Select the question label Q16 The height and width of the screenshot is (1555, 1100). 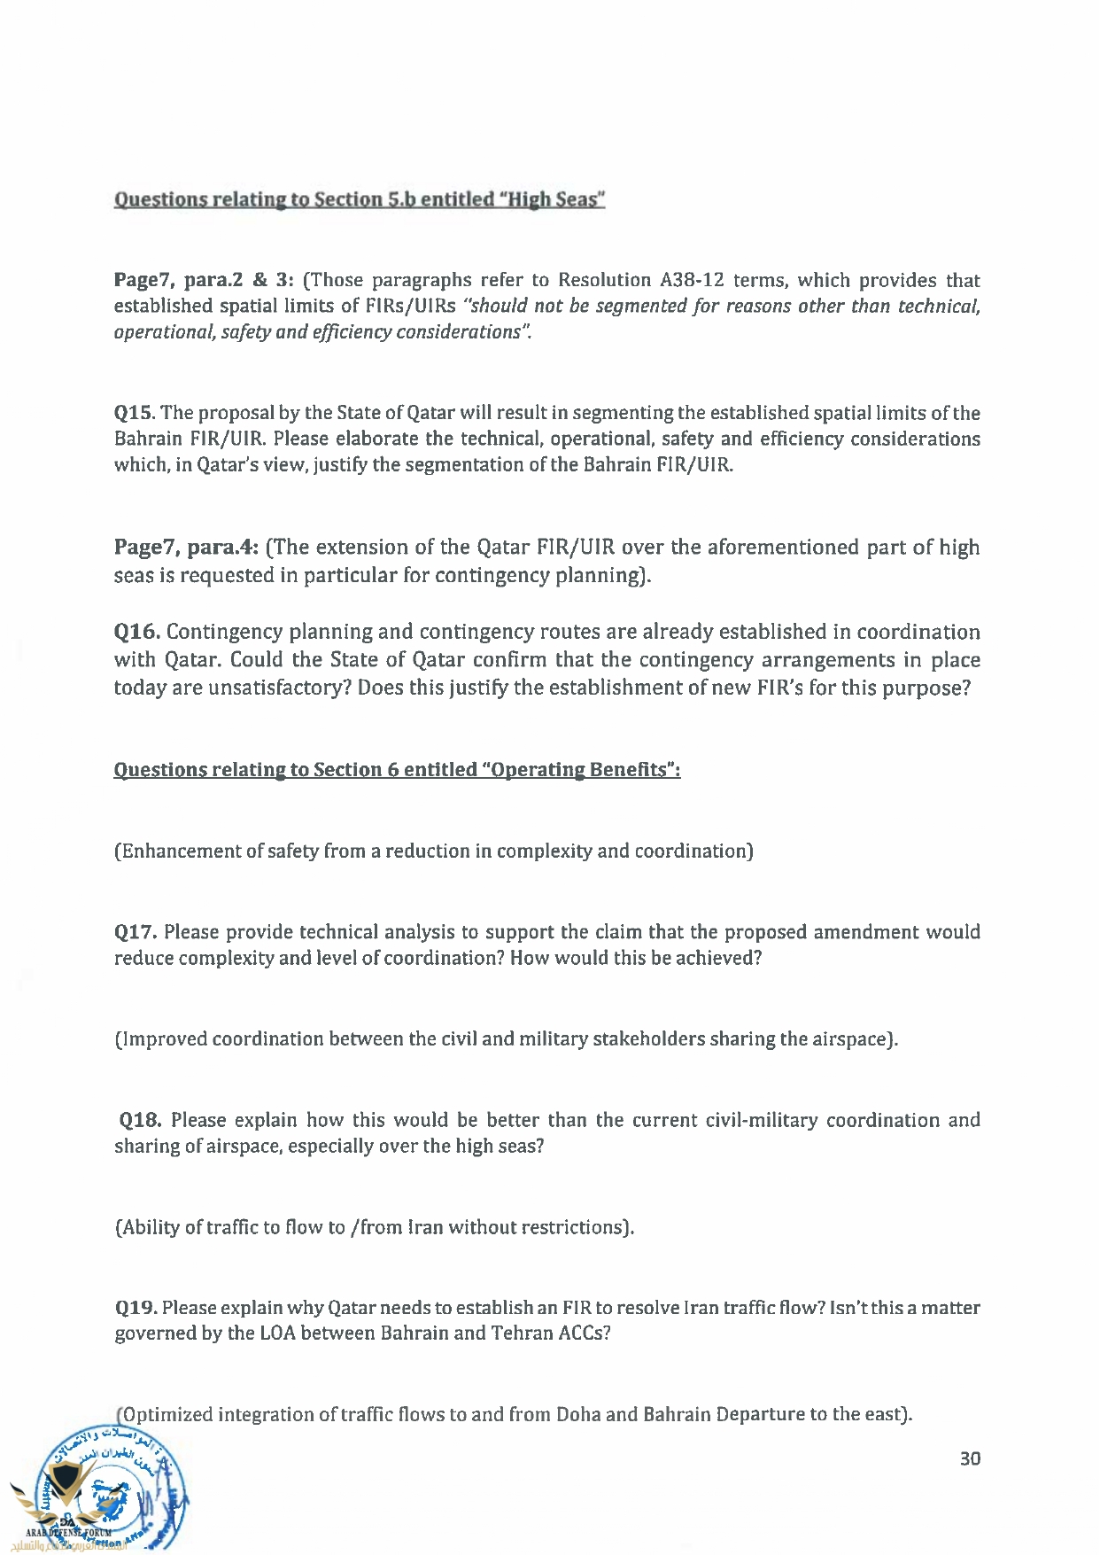(136, 632)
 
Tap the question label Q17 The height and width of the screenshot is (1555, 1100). (136, 932)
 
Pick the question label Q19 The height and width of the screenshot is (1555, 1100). (136, 1308)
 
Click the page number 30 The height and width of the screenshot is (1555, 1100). (970, 1458)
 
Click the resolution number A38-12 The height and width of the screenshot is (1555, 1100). (692, 280)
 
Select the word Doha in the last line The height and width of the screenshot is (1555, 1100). (578, 1414)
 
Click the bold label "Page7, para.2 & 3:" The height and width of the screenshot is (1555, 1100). (203, 280)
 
